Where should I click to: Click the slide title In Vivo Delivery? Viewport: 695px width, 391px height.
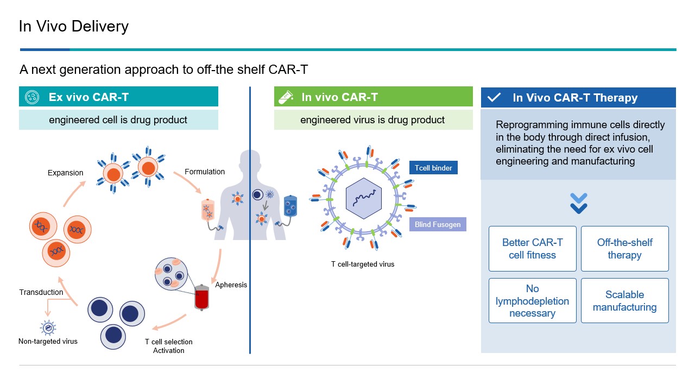click(73, 26)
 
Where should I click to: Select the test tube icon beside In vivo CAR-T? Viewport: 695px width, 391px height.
click(286, 97)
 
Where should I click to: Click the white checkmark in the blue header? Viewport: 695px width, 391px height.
click(494, 98)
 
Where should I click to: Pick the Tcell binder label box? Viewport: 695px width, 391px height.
click(433, 168)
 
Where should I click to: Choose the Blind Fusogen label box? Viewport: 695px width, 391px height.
click(437, 224)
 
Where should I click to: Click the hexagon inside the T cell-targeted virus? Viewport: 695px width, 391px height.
click(364, 198)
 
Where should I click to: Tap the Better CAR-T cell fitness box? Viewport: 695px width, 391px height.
click(532, 249)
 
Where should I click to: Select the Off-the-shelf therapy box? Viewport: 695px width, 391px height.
click(624, 249)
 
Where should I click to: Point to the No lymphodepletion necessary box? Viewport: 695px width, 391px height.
click(532, 301)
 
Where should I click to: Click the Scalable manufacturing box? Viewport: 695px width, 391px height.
click(624, 301)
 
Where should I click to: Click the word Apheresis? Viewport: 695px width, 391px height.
click(231, 285)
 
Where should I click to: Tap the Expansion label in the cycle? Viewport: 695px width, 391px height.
click(66, 173)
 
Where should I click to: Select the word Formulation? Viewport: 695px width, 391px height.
click(205, 172)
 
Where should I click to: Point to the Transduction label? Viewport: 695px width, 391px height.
click(41, 292)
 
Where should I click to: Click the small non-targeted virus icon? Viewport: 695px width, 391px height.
click(48, 327)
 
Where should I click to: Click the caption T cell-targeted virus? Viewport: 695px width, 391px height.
click(363, 264)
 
